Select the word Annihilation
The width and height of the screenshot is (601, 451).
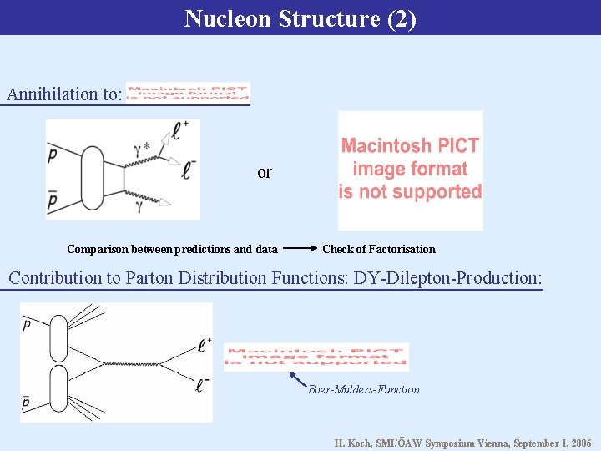52,94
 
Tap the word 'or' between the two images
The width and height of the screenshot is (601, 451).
265,173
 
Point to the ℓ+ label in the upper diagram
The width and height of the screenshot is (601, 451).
181,129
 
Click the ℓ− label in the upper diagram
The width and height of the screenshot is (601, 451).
189,170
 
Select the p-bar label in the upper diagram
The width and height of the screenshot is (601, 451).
53,201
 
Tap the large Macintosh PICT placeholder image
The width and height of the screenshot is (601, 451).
410,170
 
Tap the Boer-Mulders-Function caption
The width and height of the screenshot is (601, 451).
363,389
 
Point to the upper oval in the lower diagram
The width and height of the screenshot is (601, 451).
59,339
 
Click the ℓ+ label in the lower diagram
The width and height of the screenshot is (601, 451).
205,342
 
